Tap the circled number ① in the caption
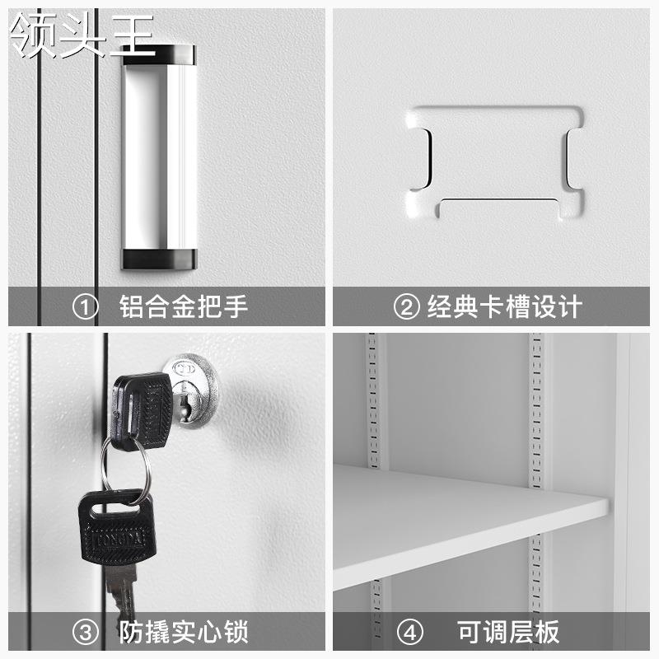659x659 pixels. pyautogui.click(x=86, y=306)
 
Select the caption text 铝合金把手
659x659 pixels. pyautogui.click(x=183, y=306)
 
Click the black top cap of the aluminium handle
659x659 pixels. pyautogui.click(x=160, y=54)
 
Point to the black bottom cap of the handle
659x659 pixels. pyautogui.click(x=160, y=258)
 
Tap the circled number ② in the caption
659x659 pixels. pyautogui.click(x=406, y=306)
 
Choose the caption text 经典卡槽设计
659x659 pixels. pyautogui.click(x=504, y=306)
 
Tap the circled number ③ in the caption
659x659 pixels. pyautogui.click(x=86, y=633)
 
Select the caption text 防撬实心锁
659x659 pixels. pyautogui.click(x=183, y=633)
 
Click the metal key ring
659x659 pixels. pyautogui.click(x=128, y=470)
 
